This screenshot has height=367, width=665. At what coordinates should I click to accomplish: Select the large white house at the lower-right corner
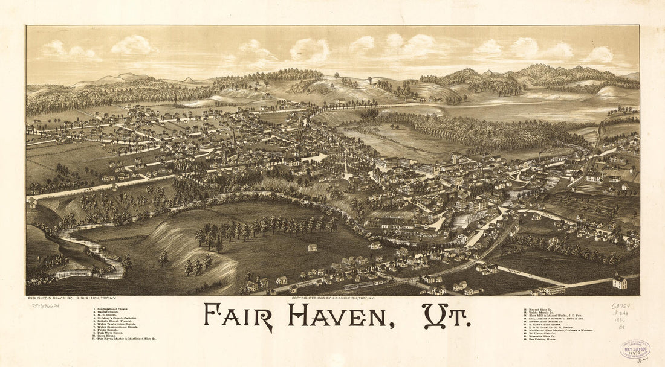click(620, 281)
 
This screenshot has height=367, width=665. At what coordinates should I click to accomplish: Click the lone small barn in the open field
click(312, 247)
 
